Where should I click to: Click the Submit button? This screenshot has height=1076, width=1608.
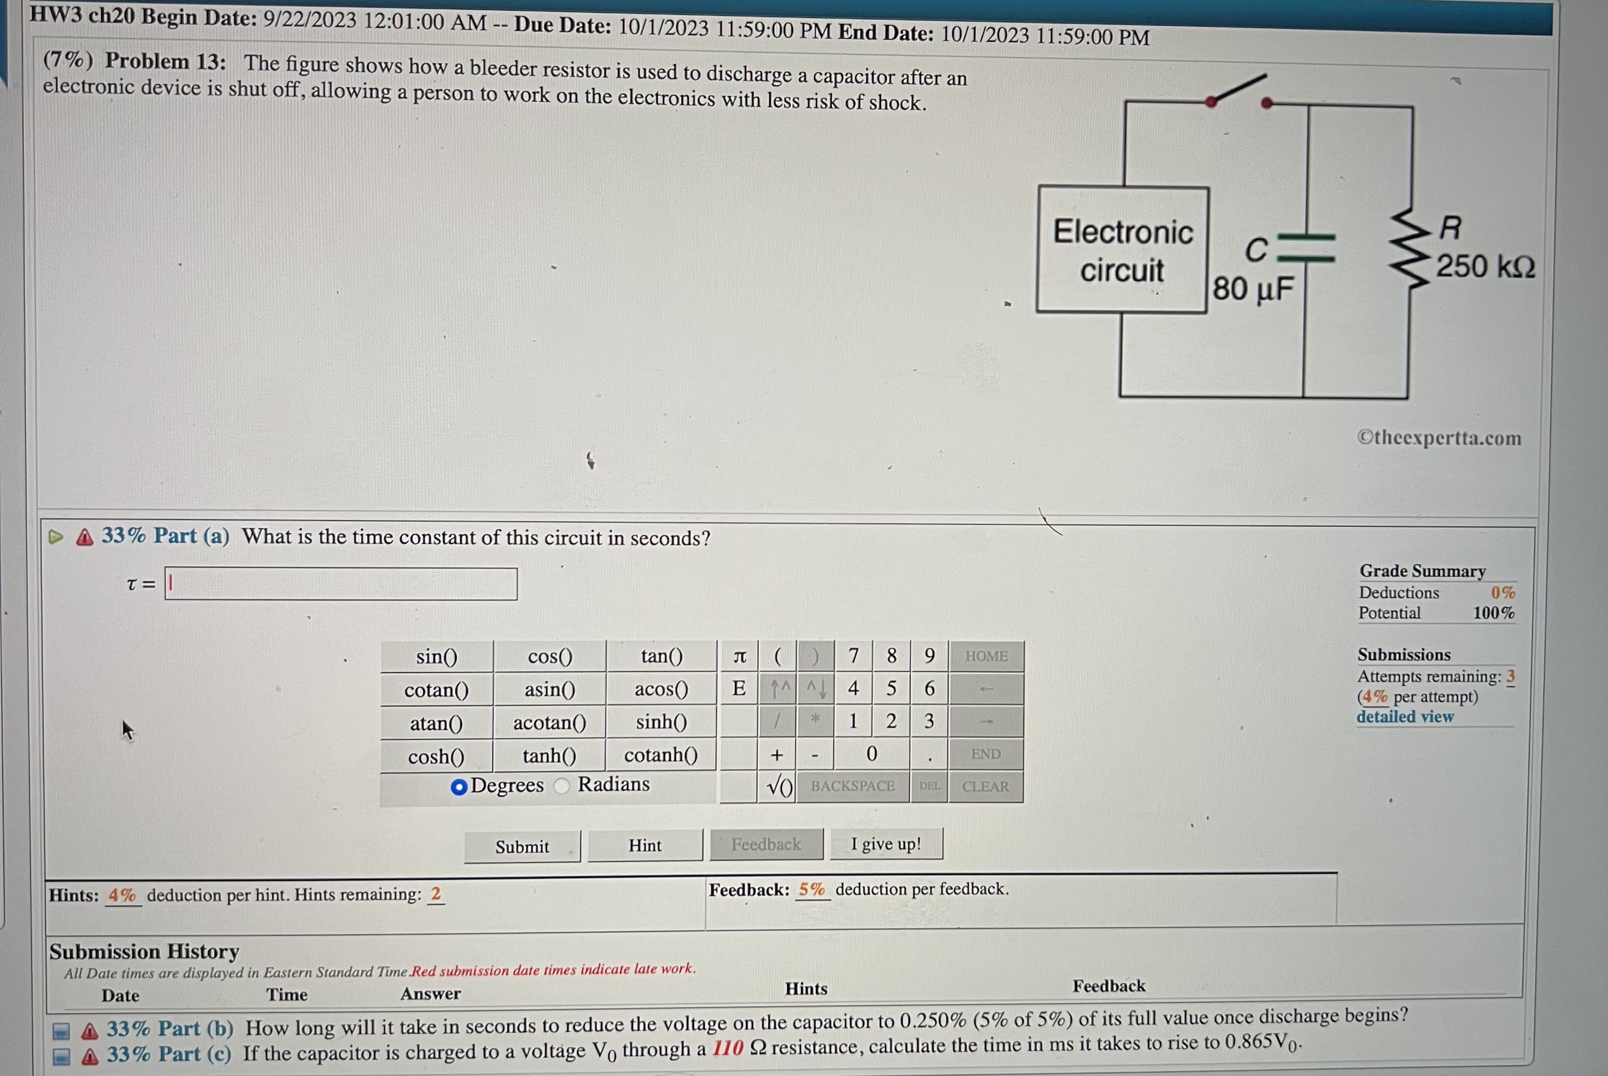522,846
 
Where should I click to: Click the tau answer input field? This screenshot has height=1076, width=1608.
341,584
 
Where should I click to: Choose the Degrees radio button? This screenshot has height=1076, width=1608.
459,787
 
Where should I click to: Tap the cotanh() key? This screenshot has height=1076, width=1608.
660,755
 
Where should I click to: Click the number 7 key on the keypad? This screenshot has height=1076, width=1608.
853,656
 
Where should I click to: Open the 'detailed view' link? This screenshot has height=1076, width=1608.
1404,717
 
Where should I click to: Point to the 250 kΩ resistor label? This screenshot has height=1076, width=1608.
1485,266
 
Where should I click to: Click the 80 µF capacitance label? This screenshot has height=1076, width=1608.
1253,289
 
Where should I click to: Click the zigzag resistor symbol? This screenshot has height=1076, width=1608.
1409,251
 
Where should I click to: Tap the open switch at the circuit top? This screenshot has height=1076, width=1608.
1239,91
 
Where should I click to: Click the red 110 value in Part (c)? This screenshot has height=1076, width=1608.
727,1048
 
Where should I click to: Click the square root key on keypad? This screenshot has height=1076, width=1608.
779,787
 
